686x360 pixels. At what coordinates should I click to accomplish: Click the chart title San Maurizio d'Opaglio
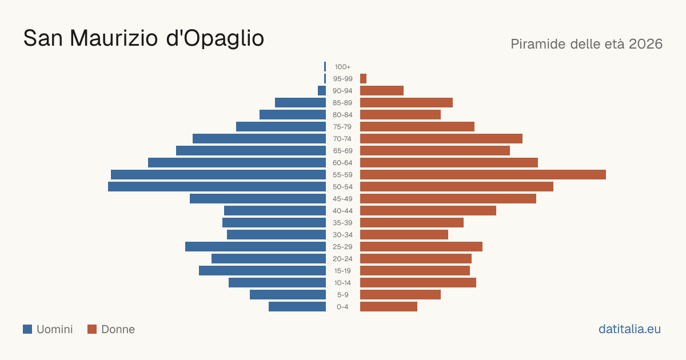[x=143, y=38]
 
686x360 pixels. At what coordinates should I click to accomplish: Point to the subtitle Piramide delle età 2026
[x=587, y=44]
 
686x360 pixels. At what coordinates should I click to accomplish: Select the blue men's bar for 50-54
[x=217, y=187]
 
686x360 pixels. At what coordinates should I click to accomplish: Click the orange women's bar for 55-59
[x=483, y=175]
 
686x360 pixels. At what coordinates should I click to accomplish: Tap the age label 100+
[x=342, y=67]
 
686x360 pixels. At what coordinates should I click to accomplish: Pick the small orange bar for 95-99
[x=363, y=79]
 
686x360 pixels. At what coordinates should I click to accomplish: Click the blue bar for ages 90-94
[x=322, y=91]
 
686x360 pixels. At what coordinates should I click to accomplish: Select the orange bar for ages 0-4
[x=389, y=307]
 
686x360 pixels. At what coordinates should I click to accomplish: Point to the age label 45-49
[x=342, y=199]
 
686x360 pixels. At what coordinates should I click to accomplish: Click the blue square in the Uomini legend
[x=27, y=329]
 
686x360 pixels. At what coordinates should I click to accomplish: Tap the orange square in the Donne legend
[x=92, y=329]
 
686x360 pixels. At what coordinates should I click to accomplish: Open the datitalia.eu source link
[x=629, y=329]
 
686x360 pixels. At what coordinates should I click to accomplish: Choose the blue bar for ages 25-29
[x=256, y=247]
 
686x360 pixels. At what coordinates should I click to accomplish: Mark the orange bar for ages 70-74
[x=441, y=139]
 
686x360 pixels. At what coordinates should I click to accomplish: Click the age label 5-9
[x=342, y=295]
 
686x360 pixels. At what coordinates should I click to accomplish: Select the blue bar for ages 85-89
[x=301, y=102]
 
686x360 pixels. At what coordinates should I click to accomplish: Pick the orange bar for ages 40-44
[x=428, y=211]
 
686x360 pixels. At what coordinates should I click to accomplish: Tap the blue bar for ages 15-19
[x=262, y=271]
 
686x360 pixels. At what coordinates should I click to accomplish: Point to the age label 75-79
[x=342, y=127]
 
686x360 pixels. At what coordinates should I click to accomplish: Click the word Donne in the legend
[x=118, y=329]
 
